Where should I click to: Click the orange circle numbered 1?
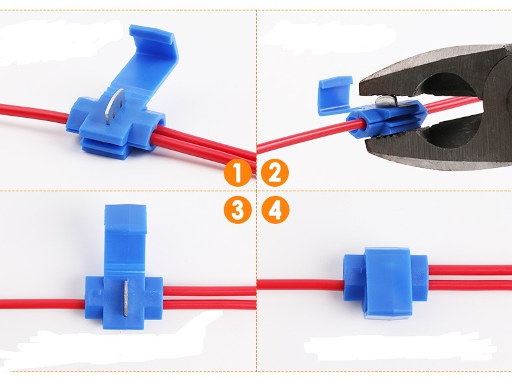tap(238, 173)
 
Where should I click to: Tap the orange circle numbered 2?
tap(275, 173)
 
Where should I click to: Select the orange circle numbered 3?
tap(238, 210)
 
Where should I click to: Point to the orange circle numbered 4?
tap(275, 210)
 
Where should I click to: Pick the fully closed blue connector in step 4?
tap(385, 282)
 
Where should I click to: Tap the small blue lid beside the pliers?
tap(334, 94)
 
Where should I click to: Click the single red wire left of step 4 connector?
tap(301, 285)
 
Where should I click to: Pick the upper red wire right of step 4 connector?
tap(470, 270)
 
